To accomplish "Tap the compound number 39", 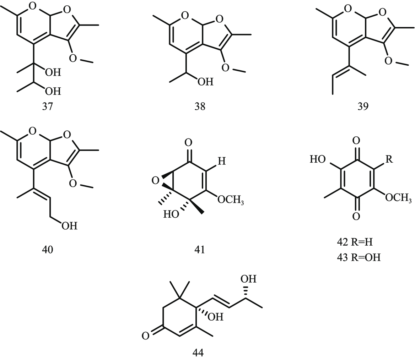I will tap(363, 106).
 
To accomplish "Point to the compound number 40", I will tap(48, 250).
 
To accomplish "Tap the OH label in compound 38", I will tap(205, 82).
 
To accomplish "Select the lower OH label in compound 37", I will tap(53, 92).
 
